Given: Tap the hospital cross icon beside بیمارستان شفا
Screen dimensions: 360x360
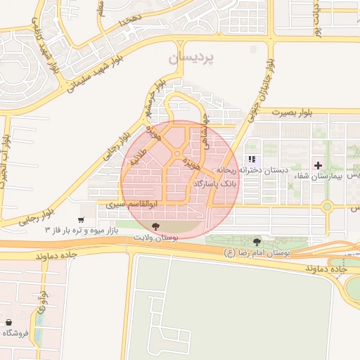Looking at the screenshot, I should (x=319, y=166).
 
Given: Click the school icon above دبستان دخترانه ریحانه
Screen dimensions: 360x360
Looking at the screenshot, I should (x=251, y=160).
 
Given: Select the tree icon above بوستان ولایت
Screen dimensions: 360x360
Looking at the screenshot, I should (x=155, y=226).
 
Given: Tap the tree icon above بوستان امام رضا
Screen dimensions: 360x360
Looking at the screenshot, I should (x=257, y=240).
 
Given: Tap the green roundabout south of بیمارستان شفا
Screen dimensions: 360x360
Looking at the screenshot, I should (x=327, y=207).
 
